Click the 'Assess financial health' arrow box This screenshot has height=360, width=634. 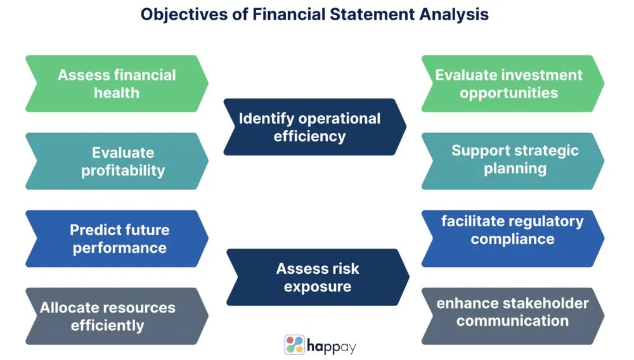coord(117,84)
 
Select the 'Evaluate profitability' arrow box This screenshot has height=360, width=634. coord(117,161)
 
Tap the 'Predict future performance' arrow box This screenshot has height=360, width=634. coord(117,238)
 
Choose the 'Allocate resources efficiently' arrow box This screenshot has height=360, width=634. coord(117,316)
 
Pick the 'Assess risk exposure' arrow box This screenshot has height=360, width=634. coord(317,277)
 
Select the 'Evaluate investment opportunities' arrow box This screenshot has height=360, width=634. coord(512,84)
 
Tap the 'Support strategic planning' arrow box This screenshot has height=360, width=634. coord(512,161)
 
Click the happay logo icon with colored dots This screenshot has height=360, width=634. coord(294,345)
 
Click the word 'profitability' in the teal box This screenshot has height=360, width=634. coord(123,170)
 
